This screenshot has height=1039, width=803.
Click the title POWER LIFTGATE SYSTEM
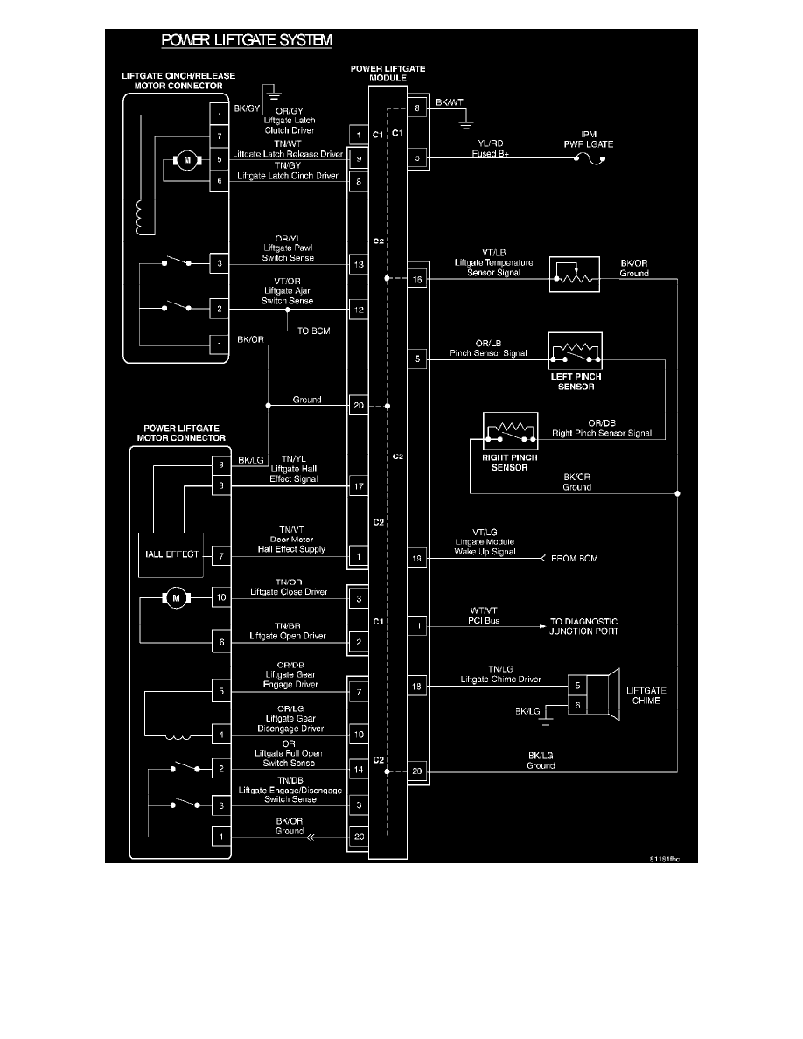click(x=246, y=40)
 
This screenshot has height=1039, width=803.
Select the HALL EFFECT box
click(x=170, y=554)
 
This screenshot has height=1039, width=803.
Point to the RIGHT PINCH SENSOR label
click(x=510, y=462)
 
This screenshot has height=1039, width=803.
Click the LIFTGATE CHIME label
click(x=647, y=696)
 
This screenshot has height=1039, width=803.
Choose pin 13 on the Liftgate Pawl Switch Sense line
click(x=358, y=264)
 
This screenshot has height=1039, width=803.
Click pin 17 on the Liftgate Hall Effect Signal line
click(x=358, y=485)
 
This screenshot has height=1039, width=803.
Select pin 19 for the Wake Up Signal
click(x=417, y=558)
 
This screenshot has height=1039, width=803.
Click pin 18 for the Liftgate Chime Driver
click(x=417, y=687)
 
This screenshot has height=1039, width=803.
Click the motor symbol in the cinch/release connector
click(x=185, y=160)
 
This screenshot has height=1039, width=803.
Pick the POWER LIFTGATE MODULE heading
click(x=389, y=73)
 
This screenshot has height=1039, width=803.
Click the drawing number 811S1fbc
click(x=664, y=860)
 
